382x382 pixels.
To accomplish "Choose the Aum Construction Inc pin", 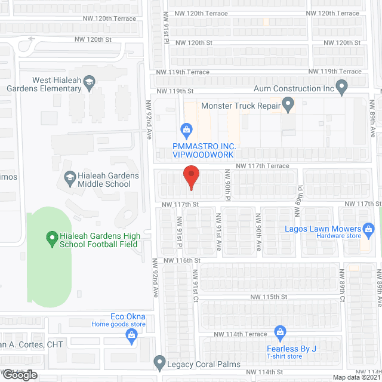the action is pyautogui.click(x=342, y=88).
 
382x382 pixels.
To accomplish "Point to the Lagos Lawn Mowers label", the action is pyautogui.click(x=323, y=229).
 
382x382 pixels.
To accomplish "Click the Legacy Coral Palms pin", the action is pyautogui.click(x=159, y=362).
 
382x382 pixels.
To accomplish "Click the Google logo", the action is pyautogui.click(x=19, y=375).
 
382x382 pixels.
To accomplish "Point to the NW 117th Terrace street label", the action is pyautogui.click(x=262, y=166).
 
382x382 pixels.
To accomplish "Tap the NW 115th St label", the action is pyautogui.click(x=269, y=297).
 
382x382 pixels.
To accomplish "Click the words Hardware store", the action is pyautogui.click(x=338, y=236).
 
